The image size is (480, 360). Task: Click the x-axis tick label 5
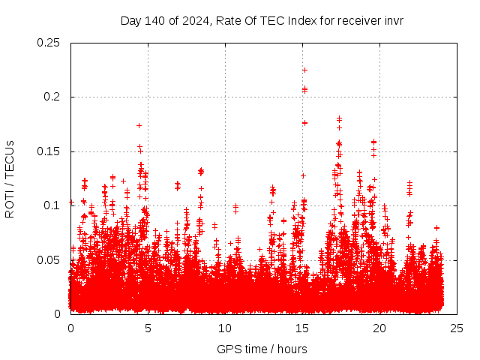[148, 328]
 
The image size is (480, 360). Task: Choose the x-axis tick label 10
[225, 328]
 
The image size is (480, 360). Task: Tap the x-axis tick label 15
[302, 328]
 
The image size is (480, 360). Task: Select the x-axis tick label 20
[379, 328]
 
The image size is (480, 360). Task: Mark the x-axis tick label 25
[457, 328]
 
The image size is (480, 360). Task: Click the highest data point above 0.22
[304, 70]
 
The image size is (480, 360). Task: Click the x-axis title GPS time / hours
[262, 349]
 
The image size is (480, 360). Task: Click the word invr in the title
[393, 20]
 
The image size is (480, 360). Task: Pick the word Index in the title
[293, 20]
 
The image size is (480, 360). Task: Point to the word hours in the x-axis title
[291, 349]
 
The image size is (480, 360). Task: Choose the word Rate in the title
[227, 20]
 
